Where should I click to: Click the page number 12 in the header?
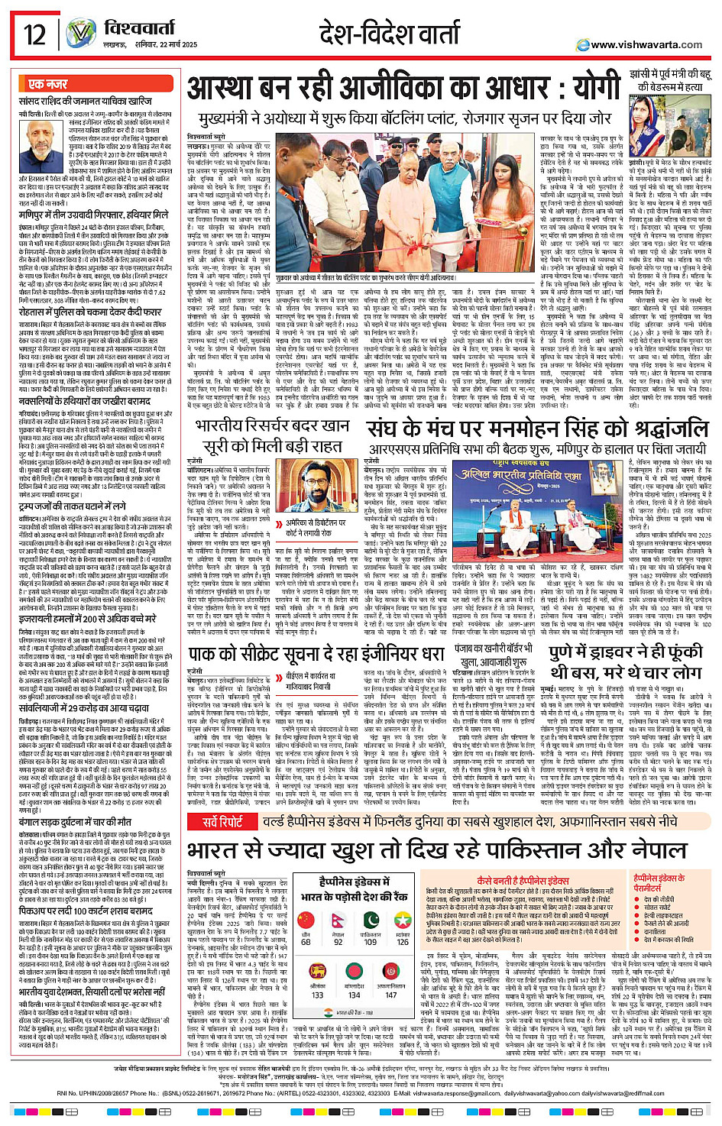(x=35, y=34)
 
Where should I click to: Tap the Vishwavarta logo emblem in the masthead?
(x=81, y=34)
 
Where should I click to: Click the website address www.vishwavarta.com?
(x=646, y=44)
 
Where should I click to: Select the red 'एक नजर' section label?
(x=47, y=83)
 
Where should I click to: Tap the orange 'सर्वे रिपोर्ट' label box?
(x=222, y=822)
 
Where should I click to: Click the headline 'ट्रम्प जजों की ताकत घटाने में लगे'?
(x=73, y=506)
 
